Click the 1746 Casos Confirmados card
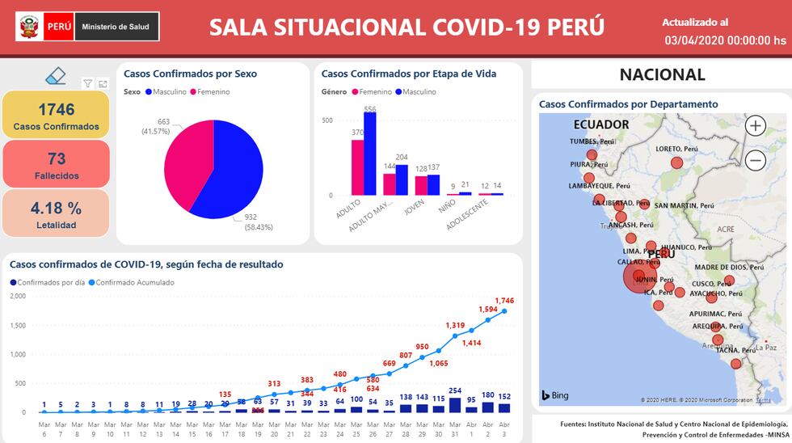tap(56, 115)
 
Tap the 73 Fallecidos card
tap(56, 164)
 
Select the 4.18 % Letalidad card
tap(56, 213)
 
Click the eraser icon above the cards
tap(55, 76)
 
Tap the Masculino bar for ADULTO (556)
tap(370, 154)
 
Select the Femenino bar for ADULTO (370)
tap(357, 167)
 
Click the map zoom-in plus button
tap(755, 125)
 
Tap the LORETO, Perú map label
tap(677, 149)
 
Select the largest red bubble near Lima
tap(639, 277)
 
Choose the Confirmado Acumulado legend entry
tap(133, 282)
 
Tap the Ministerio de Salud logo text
tap(116, 27)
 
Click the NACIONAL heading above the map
tap(662, 75)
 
